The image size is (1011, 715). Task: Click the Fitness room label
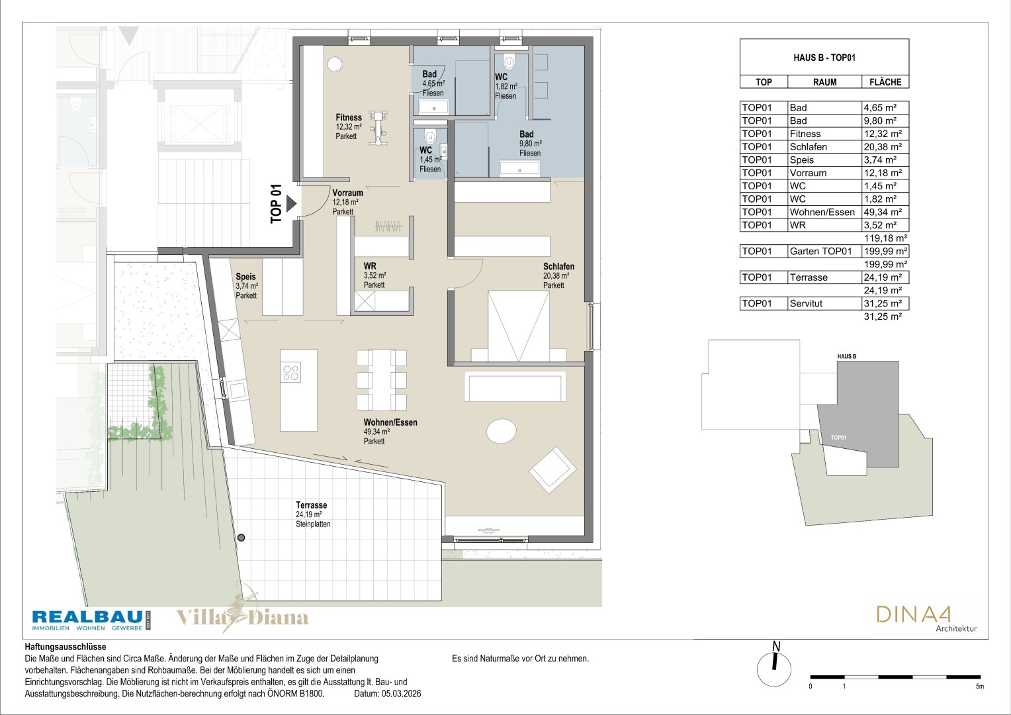click(349, 118)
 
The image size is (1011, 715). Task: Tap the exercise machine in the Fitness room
click(378, 128)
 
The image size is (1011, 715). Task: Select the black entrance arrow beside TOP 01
click(291, 204)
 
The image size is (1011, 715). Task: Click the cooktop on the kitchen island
click(291, 373)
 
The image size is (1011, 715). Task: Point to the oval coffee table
click(502, 431)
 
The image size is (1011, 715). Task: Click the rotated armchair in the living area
click(552, 470)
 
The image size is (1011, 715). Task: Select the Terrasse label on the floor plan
click(312, 505)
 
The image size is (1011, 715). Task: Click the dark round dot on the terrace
click(242, 538)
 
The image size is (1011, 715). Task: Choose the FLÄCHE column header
click(885, 82)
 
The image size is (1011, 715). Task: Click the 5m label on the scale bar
click(979, 687)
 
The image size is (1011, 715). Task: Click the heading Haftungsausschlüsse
click(66, 647)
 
